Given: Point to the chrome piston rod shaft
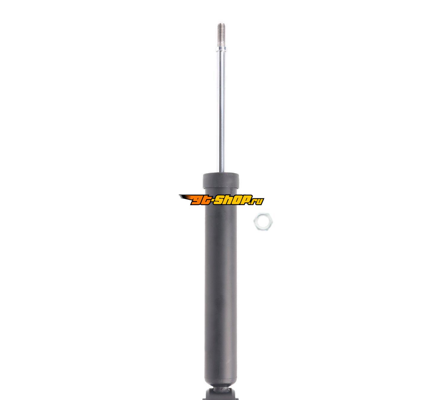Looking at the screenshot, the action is click(x=222, y=111).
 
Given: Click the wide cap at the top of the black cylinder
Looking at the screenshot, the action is click(x=221, y=180).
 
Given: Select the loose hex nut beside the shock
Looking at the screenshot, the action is click(x=263, y=221).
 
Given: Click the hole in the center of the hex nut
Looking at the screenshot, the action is click(x=263, y=221).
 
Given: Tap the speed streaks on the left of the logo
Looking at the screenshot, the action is click(x=186, y=198).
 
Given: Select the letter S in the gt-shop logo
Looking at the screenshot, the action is click(x=220, y=200).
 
